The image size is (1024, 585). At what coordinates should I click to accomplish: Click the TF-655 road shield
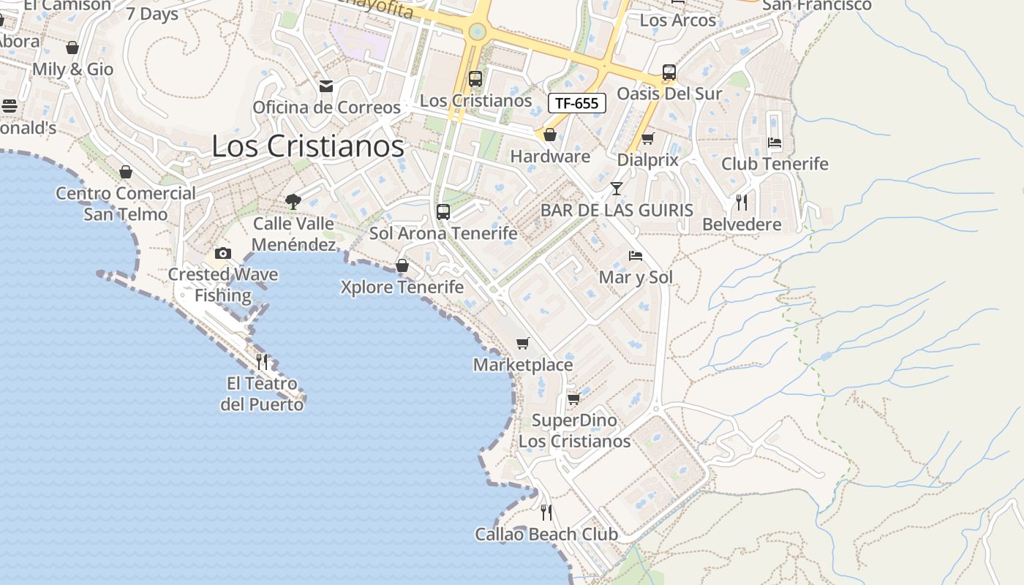(x=577, y=103)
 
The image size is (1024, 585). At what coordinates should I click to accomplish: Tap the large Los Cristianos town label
(x=307, y=146)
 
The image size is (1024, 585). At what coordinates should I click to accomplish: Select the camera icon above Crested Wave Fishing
(x=223, y=253)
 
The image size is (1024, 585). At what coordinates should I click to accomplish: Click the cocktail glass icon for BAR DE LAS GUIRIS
(x=617, y=189)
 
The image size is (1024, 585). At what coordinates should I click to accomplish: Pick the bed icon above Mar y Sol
(x=636, y=256)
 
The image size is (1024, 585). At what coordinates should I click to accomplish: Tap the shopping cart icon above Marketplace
(x=522, y=343)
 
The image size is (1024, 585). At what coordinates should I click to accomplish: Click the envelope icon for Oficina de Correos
(x=326, y=86)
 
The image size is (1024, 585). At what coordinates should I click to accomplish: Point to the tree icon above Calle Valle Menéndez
(x=293, y=201)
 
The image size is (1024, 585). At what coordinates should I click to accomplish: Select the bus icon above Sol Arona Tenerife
(x=443, y=212)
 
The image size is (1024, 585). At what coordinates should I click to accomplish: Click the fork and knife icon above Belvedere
(x=742, y=202)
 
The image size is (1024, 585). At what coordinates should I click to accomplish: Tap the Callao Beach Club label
(x=546, y=535)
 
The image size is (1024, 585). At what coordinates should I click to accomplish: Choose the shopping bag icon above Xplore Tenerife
(x=402, y=265)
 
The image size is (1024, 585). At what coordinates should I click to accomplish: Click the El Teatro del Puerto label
(x=262, y=393)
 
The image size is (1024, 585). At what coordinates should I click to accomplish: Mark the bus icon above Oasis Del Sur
(x=669, y=72)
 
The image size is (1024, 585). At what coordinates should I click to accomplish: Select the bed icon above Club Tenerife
(x=775, y=142)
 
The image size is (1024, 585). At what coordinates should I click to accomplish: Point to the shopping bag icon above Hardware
(x=550, y=135)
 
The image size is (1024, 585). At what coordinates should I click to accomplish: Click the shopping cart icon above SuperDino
(x=574, y=399)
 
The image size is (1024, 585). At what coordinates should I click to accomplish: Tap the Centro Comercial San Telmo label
(x=126, y=204)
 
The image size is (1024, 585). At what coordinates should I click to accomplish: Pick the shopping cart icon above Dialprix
(x=647, y=138)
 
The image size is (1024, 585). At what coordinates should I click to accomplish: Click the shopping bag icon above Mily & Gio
(x=72, y=48)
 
